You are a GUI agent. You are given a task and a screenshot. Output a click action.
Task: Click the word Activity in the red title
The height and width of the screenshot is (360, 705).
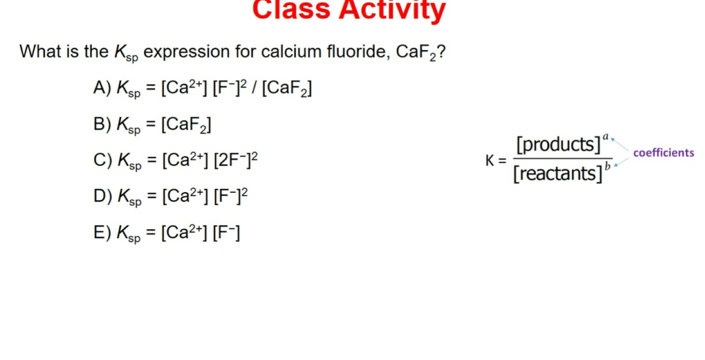click(x=392, y=9)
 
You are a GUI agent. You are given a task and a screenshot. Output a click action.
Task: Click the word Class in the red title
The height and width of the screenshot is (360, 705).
click(x=291, y=9)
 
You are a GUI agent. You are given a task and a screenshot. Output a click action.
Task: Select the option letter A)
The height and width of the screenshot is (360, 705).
click(x=102, y=88)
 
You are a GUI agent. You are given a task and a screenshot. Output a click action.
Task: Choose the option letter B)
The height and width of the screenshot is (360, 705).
click(x=102, y=124)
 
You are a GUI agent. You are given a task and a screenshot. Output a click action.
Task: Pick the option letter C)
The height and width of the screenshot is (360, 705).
click(x=103, y=160)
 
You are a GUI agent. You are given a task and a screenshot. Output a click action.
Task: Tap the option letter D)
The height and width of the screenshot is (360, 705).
click(x=103, y=196)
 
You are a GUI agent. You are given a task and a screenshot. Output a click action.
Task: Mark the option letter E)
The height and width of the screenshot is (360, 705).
click(x=102, y=233)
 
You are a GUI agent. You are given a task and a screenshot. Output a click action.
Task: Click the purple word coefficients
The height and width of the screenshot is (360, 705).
click(x=663, y=153)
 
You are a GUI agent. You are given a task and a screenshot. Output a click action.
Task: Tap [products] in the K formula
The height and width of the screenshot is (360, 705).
click(x=558, y=145)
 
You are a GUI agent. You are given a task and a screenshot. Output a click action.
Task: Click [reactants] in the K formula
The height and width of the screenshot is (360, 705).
click(x=557, y=173)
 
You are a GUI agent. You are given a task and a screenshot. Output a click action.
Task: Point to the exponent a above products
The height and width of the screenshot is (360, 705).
click(x=605, y=136)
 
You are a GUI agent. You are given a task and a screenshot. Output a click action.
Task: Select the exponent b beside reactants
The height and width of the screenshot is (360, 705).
click(x=607, y=166)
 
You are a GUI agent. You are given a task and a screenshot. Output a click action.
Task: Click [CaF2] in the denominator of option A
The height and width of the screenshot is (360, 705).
click(x=286, y=88)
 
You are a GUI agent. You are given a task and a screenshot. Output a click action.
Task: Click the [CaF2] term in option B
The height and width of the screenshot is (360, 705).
click(x=186, y=125)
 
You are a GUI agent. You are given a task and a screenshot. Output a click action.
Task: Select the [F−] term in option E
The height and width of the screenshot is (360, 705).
click(x=226, y=233)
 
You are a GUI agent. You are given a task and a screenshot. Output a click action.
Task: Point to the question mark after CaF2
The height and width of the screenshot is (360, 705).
click(x=441, y=51)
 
